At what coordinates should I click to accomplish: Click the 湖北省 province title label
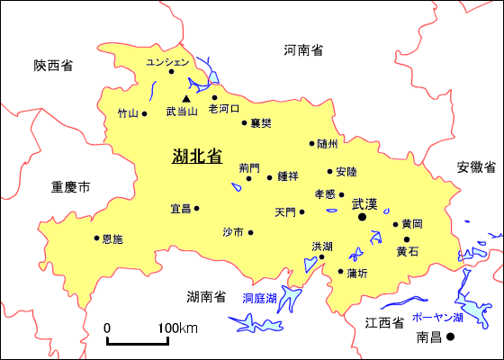197,156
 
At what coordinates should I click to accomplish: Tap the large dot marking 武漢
364,217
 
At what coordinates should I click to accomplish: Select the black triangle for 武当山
186,98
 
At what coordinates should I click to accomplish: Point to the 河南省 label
303,49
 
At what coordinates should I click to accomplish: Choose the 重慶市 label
70,187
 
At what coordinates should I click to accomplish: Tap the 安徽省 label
476,167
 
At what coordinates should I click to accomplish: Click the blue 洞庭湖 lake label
260,298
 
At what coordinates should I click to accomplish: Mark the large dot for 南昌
452,337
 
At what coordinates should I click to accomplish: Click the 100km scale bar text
179,328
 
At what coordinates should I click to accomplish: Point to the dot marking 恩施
96,238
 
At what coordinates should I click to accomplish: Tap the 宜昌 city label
181,209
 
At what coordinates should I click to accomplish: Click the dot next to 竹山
144,113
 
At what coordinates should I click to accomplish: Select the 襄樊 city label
261,122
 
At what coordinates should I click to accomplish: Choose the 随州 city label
328,143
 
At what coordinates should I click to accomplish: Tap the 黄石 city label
408,252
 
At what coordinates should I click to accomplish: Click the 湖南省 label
206,297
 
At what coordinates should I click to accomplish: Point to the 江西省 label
382,322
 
